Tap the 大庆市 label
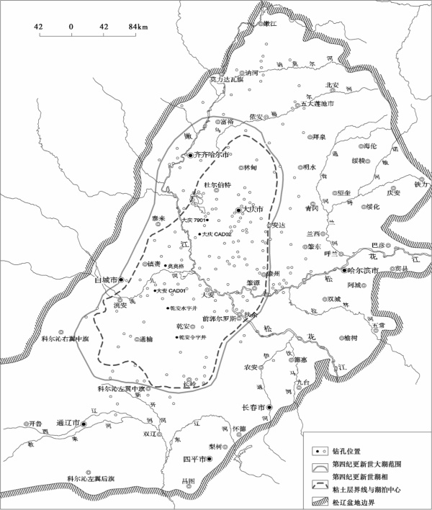[x=250, y=209]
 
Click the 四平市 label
[x=195, y=457]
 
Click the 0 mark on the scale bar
[x=71, y=27]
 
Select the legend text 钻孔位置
[x=348, y=451]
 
